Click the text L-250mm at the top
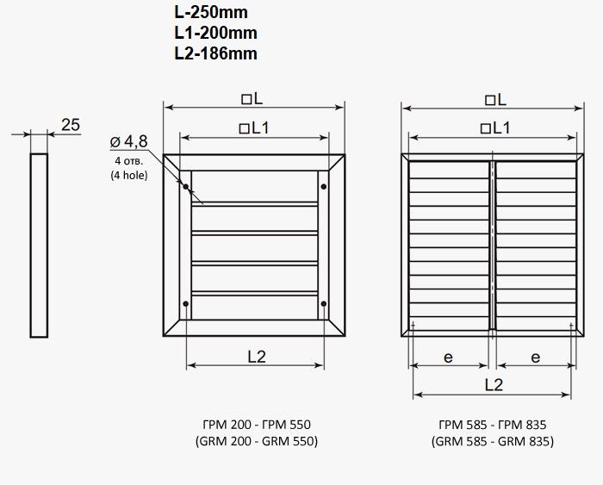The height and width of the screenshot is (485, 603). point(211,13)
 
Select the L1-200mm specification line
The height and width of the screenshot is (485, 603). point(215,33)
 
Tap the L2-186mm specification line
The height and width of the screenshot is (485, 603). point(215,53)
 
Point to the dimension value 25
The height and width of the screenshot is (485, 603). point(71,125)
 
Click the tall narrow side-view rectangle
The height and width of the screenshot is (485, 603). point(39,246)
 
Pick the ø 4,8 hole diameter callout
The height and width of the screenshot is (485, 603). point(129,141)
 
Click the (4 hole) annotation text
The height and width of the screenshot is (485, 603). point(129,176)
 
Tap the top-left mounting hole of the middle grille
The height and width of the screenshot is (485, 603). point(186,187)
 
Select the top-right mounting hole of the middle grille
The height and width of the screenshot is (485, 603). point(324,187)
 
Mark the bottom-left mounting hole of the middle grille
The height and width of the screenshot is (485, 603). point(186,304)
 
